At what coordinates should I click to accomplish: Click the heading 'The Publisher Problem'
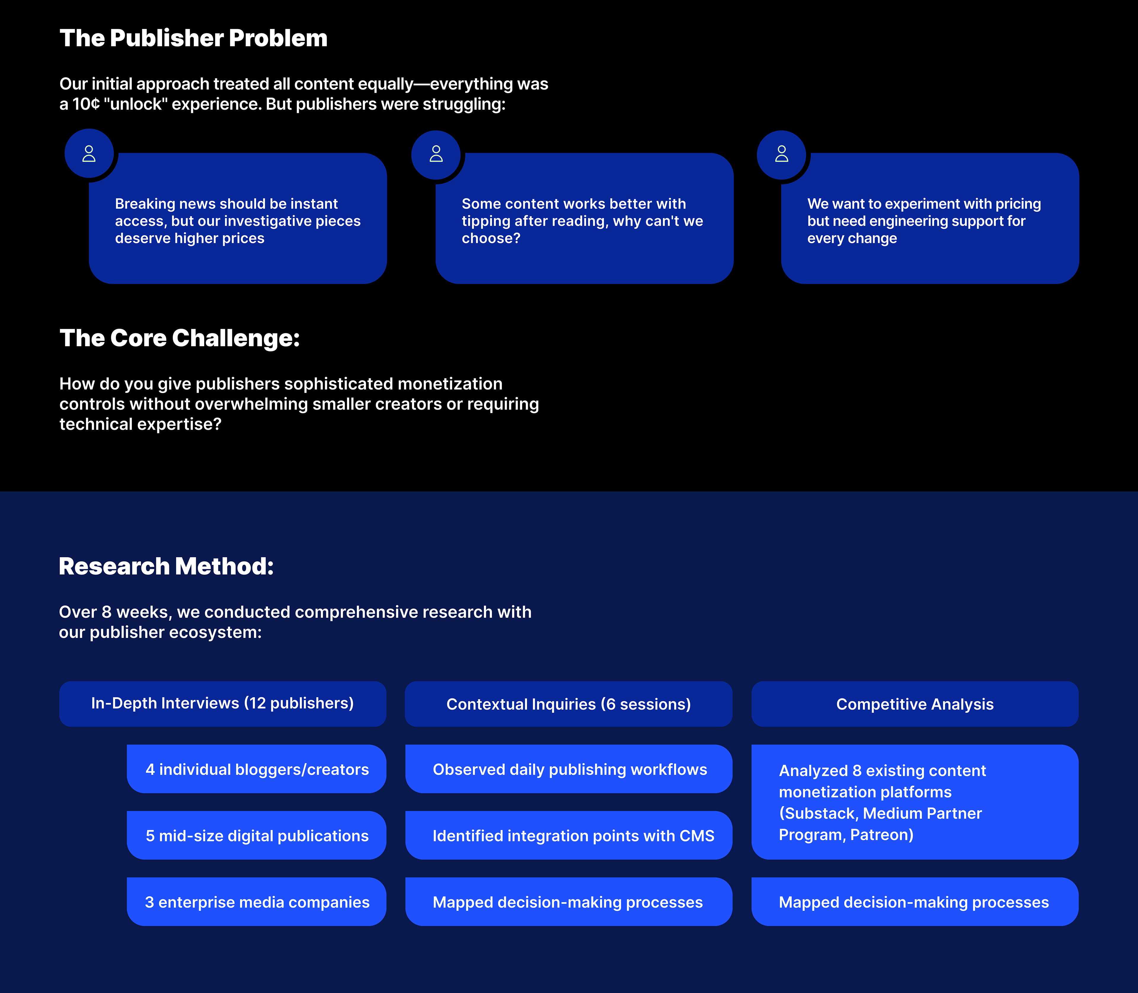(193, 38)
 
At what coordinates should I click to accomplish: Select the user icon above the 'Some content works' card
(436, 154)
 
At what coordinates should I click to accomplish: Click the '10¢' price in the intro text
(86, 104)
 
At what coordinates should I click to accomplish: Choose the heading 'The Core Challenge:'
(180, 338)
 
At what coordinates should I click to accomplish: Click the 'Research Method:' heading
(166, 566)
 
